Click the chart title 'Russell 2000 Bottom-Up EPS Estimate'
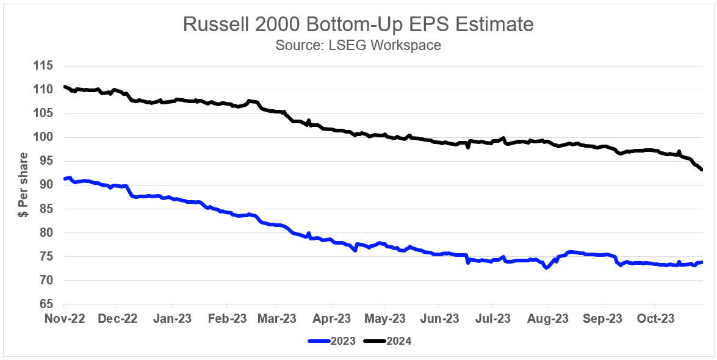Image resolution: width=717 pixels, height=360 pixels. [x=358, y=24]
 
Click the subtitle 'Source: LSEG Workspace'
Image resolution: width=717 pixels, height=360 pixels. [x=358, y=45]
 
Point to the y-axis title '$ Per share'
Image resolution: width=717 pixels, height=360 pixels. [x=24, y=185]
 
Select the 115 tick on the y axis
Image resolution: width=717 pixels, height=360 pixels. [x=45, y=66]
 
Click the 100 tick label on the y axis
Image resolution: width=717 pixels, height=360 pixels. [x=45, y=137]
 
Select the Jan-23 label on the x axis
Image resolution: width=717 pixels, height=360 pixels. [x=171, y=319]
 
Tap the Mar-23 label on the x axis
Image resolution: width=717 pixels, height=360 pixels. [x=278, y=319]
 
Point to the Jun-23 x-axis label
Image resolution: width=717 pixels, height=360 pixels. [x=441, y=319]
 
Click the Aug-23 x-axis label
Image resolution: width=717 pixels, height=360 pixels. [x=547, y=319]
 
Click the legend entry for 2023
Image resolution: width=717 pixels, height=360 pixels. [x=337, y=341]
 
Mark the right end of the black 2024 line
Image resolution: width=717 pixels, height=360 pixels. [x=702, y=170]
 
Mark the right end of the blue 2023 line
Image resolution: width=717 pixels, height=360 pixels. [x=702, y=262]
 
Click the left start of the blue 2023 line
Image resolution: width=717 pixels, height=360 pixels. [x=64, y=179]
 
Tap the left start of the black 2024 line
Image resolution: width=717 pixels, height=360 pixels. [x=64, y=87]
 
